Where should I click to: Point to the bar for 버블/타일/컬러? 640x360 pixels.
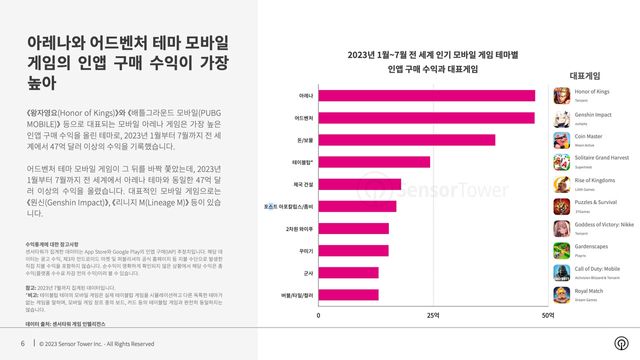345,294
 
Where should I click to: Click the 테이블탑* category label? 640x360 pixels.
301,162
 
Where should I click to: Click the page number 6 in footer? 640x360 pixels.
22,344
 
